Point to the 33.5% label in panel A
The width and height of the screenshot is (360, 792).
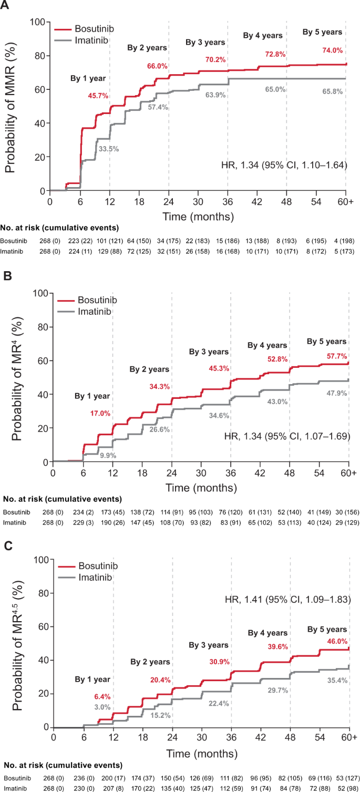pos(109,149)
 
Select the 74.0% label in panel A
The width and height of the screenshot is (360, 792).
pos(332,50)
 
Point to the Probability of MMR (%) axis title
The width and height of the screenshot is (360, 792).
pos(12,105)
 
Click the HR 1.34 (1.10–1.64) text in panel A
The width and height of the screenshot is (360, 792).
pos(284,165)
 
